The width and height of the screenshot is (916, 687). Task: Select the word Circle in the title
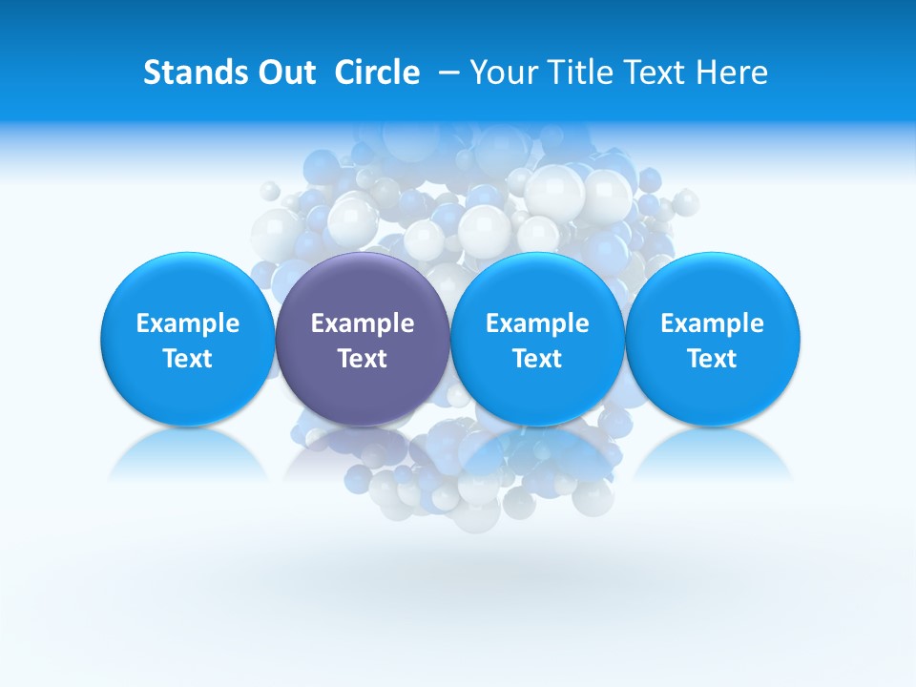pyautogui.click(x=377, y=73)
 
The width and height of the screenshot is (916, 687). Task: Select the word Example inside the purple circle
pyautogui.click(x=363, y=323)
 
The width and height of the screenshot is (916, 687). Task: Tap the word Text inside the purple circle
pyautogui.click(x=363, y=359)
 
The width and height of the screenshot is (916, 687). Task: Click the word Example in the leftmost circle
pyautogui.click(x=188, y=323)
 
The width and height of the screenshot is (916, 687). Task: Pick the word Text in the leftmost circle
pyautogui.click(x=188, y=359)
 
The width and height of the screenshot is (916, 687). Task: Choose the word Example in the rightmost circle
pyautogui.click(x=713, y=323)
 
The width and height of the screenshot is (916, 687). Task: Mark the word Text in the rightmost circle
pyautogui.click(x=713, y=359)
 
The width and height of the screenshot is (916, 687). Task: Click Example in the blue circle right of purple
pyautogui.click(x=537, y=323)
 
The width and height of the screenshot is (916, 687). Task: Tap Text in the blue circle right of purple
pyautogui.click(x=537, y=359)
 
